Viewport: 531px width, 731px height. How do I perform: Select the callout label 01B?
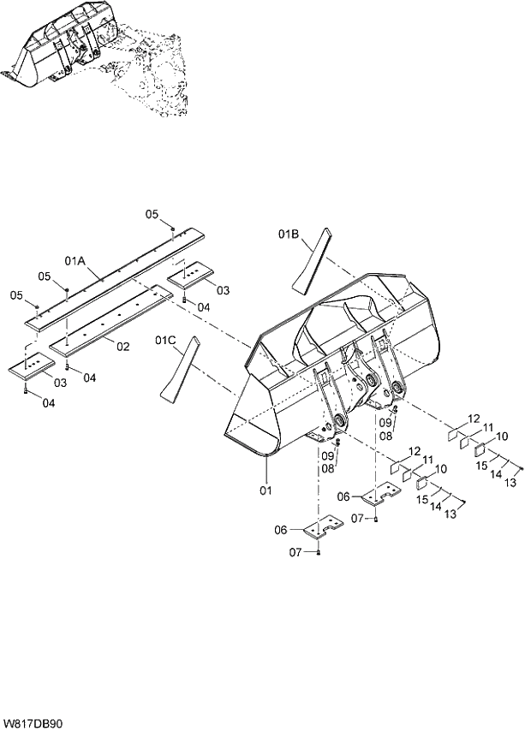[289, 233]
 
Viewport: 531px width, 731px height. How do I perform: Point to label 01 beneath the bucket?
[265, 490]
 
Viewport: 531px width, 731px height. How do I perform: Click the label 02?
[122, 346]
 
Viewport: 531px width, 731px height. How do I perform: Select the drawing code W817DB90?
[33, 722]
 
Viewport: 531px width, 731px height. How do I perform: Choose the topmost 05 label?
[151, 214]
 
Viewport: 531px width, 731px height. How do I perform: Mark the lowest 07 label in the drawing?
[295, 552]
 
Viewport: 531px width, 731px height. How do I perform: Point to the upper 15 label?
[482, 465]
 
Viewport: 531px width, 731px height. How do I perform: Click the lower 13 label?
[450, 515]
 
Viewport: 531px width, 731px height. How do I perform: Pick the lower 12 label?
[415, 451]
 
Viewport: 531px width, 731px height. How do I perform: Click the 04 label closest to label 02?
[89, 377]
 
